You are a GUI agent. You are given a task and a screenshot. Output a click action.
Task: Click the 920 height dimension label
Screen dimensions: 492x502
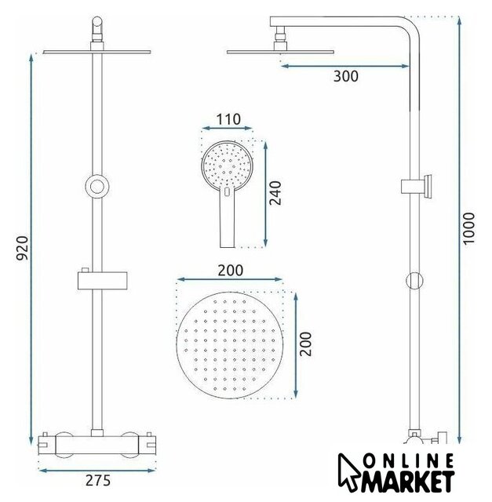23,248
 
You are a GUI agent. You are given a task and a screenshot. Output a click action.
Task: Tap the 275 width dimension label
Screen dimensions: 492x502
98,481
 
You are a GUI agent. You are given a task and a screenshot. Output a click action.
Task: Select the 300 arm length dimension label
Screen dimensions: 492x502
346,76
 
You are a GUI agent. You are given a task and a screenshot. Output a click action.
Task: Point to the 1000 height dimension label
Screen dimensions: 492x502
469,228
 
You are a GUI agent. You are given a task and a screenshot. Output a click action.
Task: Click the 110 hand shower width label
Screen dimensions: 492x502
228,119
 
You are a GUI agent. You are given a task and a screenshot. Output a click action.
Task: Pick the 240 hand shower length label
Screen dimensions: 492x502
275,193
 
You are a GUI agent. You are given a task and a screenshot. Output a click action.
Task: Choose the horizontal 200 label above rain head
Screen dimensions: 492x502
230,271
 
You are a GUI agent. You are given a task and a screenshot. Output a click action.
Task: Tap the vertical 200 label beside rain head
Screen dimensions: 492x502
305,344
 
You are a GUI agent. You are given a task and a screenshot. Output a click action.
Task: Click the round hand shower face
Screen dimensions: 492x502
228,166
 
